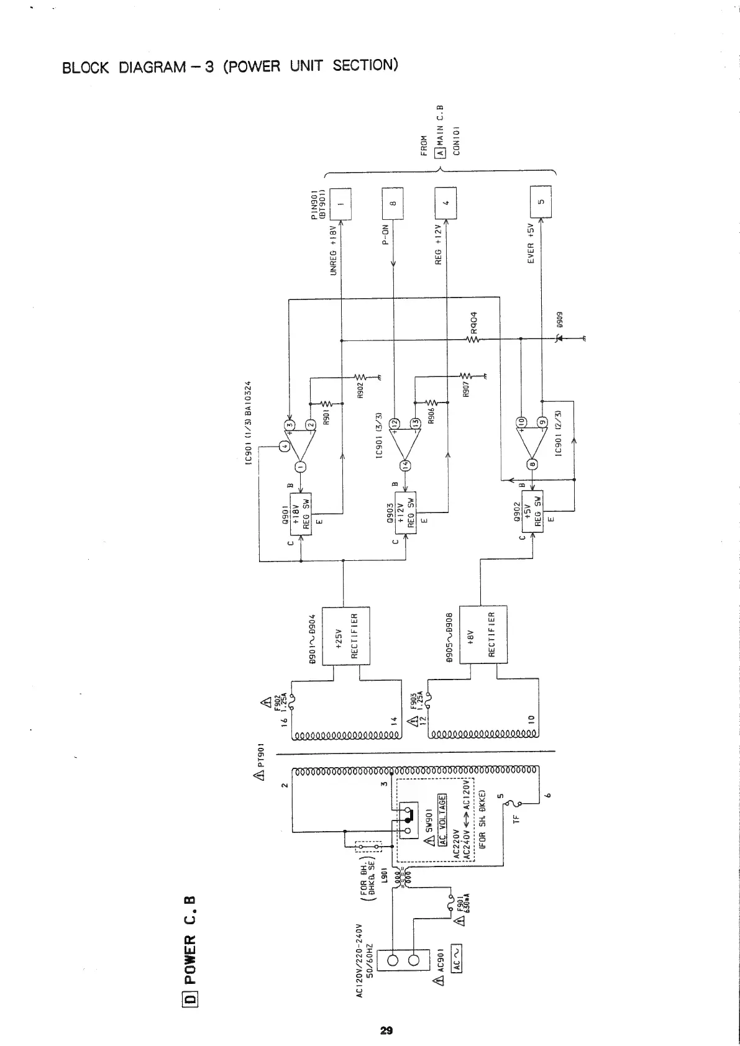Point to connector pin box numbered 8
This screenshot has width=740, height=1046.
pos(393,203)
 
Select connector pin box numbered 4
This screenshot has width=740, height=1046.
pos(445,203)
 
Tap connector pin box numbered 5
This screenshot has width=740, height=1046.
pos(541,203)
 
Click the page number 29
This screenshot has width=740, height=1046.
pos(386,1014)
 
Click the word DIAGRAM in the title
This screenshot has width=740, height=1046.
pos(149,67)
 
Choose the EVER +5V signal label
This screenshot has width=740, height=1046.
pos(531,243)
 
